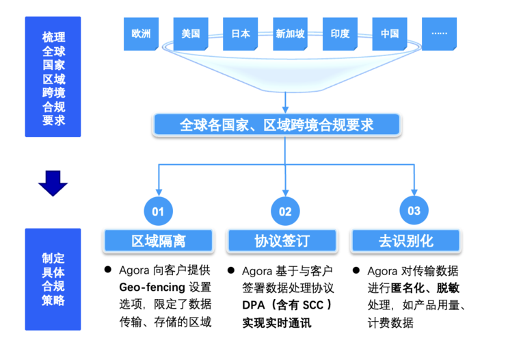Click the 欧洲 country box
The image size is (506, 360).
(141, 34)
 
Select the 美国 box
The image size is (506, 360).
(191, 34)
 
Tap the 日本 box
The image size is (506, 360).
(241, 34)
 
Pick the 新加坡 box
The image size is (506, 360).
(290, 34)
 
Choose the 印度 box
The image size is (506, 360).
(340, 34)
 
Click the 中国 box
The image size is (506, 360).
(390, 34)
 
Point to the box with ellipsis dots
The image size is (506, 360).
(439, 34)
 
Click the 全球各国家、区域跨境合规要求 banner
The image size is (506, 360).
(277, 125)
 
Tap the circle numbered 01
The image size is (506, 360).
(158, 211)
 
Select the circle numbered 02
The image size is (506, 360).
(285, 211)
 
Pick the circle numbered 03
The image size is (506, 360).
(414, 211)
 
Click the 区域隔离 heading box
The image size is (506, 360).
(159, 241)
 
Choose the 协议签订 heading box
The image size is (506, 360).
(282, 241)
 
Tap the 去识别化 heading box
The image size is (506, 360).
(406, 241)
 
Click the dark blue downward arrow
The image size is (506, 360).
(53, 183)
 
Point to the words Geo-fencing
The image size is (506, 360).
(152, 287)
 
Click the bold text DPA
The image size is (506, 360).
(253, 305)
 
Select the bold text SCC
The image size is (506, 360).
(313, 305)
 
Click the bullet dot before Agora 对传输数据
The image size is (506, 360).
(356, 270)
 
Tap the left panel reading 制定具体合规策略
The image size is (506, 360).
(53, 279)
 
